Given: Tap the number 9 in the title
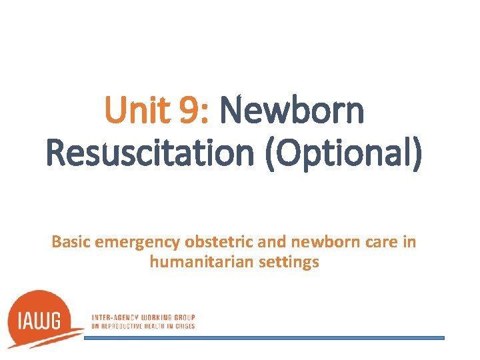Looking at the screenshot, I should tap(189, 111).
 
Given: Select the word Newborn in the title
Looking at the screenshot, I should tap(292, 111).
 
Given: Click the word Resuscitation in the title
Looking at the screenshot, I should tap(148, 154).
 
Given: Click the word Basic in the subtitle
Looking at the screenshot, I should tap(71, 241).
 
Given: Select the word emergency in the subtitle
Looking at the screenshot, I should tap(137, 242).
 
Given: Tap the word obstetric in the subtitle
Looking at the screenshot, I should tap(212, 241).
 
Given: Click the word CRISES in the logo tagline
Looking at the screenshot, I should tap(185, 325).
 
